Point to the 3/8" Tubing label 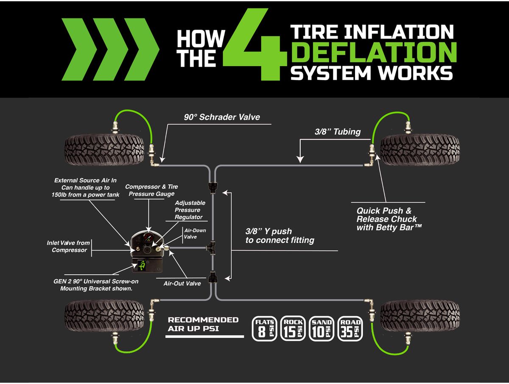click(338, 132)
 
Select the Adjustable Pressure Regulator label click(190, 210)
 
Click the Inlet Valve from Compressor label click(68, 246)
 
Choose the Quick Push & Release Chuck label click(386, 219)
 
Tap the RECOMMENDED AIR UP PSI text click(203, 324)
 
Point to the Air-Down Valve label click(190, 234)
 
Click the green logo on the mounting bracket click(143, 266)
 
